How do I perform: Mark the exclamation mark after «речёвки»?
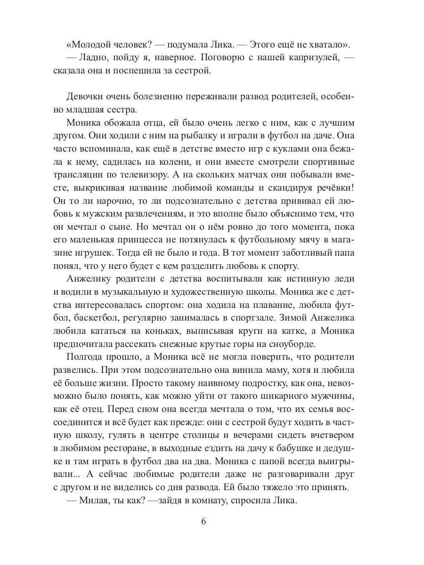coord(353,187)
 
